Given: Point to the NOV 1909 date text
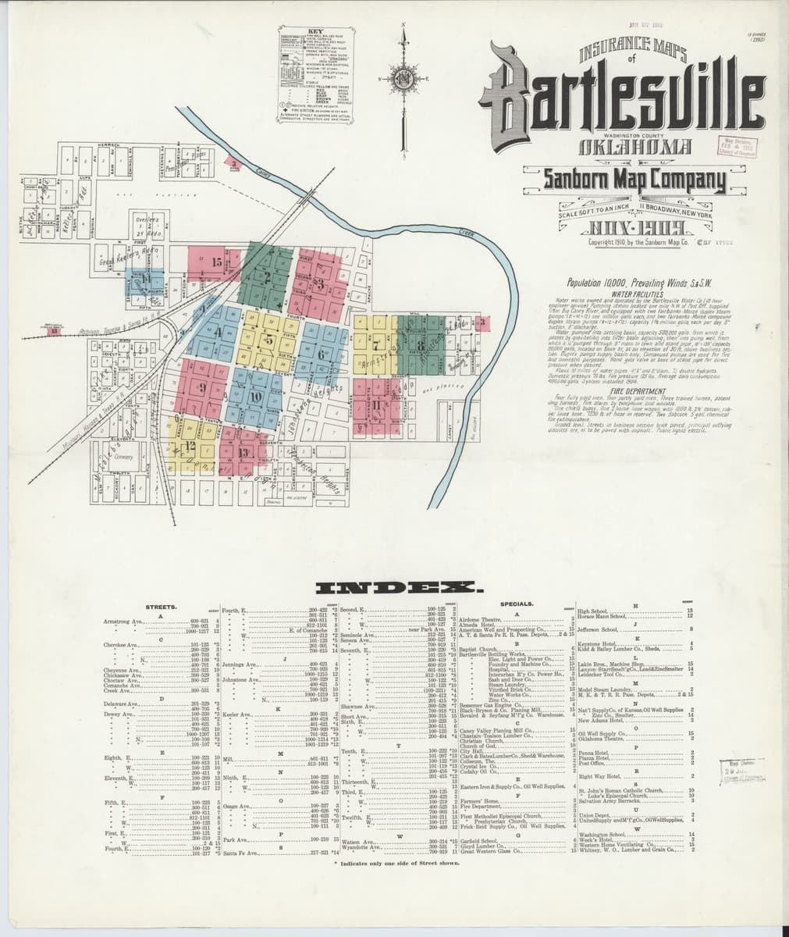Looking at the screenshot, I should click(624, 228).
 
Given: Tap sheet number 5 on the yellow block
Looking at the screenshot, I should click(269, 340).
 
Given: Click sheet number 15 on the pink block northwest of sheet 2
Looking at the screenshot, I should click(218, 263).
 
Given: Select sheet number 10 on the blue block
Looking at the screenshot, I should click(254, 395).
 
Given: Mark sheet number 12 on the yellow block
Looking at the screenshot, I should click(190, 445).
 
